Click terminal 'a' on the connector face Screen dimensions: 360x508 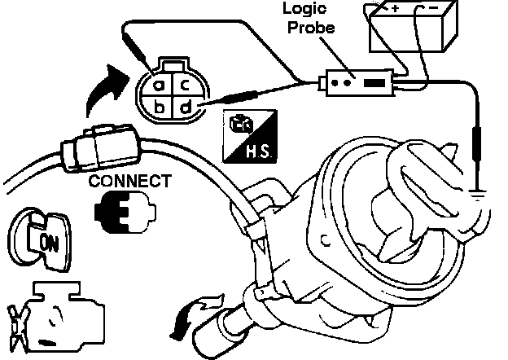[160, 84]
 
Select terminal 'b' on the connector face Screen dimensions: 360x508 [160, 107]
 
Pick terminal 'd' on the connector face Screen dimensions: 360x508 [186, 107]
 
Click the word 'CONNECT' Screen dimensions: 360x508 [131, 180]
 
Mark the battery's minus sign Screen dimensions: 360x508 [430, 7]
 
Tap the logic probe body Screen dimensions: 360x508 [357, 83]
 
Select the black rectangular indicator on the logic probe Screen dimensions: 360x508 [374, 83]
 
